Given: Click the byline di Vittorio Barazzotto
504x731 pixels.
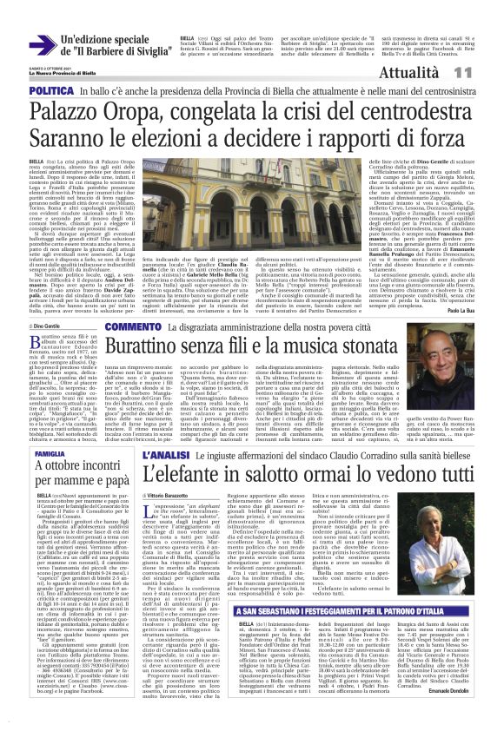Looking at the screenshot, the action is (x=175, y=495).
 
